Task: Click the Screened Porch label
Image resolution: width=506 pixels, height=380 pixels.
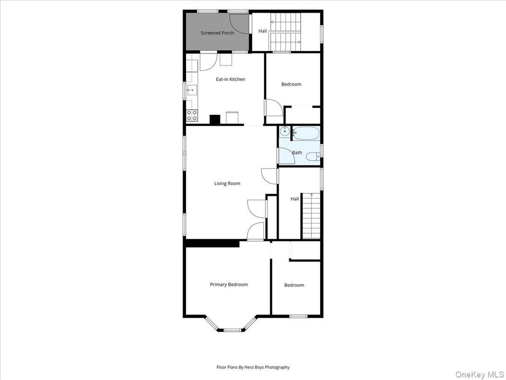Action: pyautogui.click(x=217, y=33)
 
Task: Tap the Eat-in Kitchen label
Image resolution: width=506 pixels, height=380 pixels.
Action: pyautogui.click(x=230, y=79)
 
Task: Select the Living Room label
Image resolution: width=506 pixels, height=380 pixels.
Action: pyautogui.click(x=227, y=183)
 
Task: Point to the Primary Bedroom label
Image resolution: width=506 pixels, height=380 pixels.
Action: pyautogui.click(x=228, y=285)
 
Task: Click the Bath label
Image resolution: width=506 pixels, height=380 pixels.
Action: pyautogui.click(x=297, y=153)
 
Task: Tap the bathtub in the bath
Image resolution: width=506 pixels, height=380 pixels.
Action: pyautogui.click(x=306, y=133)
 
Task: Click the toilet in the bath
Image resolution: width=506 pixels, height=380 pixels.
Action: pyautogui.click(x=312, y=157)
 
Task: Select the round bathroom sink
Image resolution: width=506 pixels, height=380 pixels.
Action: pyautogui.click(x=285, y=131)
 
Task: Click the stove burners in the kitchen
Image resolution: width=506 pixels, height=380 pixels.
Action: pyautogui.click(x=192, y=114)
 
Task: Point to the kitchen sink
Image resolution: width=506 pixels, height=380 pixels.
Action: pyautogui.click(x=191, y=90)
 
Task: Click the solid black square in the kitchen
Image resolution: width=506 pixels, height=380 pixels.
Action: pyautogui.click(x=215, y=120)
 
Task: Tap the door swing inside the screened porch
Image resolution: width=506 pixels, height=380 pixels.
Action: pyautogui.click(x=239, y=24)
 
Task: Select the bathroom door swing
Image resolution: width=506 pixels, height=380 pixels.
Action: pyautogui.click(x=287, y=156)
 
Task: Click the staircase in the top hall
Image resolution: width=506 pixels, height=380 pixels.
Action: pyautogui.click(x=285, y=32)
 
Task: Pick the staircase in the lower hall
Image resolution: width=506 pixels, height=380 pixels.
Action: pyautogui.click(x=311, y=216)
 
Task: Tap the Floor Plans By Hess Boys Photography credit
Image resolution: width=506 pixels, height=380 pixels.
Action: pyautogui.click(x=253, y=367)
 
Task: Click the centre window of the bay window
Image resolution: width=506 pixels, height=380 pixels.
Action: pyautogui.click(x=231, y=330)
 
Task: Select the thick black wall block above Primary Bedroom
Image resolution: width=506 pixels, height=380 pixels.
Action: pyautogui.click(x=212, y=243)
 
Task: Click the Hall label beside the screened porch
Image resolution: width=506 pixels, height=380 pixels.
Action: pyautogui.click(x=262, y=31)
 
